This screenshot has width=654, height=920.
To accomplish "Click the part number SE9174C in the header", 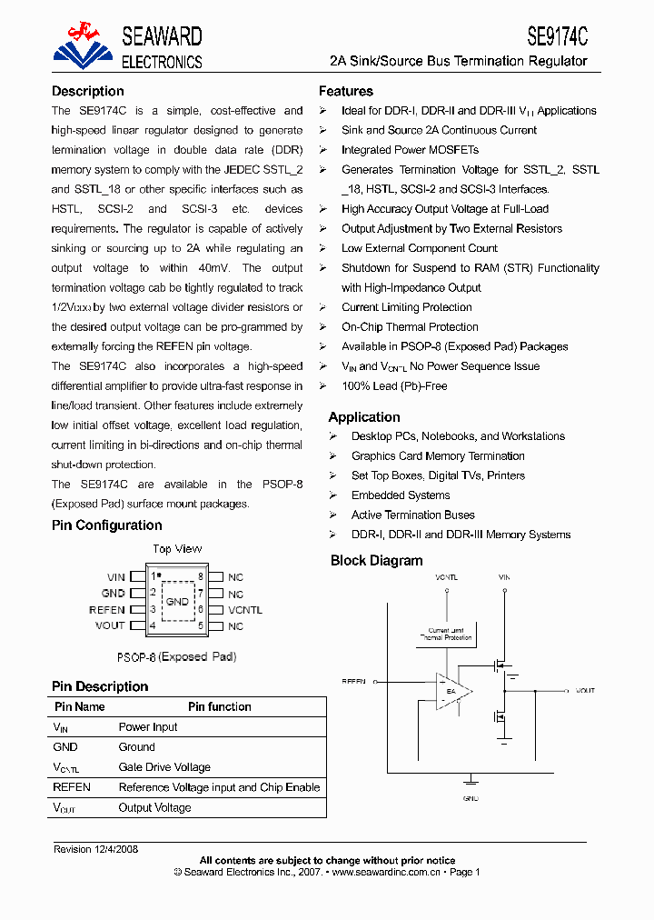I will point(557,35).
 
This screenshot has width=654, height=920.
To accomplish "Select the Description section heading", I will point(88,91).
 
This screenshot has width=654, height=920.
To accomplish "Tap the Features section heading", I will point(345,91).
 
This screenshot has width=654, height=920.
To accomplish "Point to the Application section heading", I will point(364,417).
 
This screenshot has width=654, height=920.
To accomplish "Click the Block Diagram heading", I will point(376,561).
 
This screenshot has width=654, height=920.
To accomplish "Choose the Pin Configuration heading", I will point(107,525).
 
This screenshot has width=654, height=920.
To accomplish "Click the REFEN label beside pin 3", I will point(107,610).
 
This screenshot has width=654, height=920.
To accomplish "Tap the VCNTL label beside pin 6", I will point(245,610).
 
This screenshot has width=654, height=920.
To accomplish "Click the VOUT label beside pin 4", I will point(110,626).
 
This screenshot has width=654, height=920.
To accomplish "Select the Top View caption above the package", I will point(177,549).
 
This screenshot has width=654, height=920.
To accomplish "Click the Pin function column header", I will point(220,706).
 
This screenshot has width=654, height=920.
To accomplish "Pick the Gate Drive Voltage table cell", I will point(164,767).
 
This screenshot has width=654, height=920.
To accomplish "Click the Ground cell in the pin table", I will point(137,747).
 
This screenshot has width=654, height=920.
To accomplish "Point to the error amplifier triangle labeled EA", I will point(452,693).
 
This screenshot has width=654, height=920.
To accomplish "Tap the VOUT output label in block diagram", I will point(585,691).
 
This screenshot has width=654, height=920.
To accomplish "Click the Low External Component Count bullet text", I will point(420,248).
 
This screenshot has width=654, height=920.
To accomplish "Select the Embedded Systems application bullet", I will point(401,495).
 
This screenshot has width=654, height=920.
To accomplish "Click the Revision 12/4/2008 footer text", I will point(95,849).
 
